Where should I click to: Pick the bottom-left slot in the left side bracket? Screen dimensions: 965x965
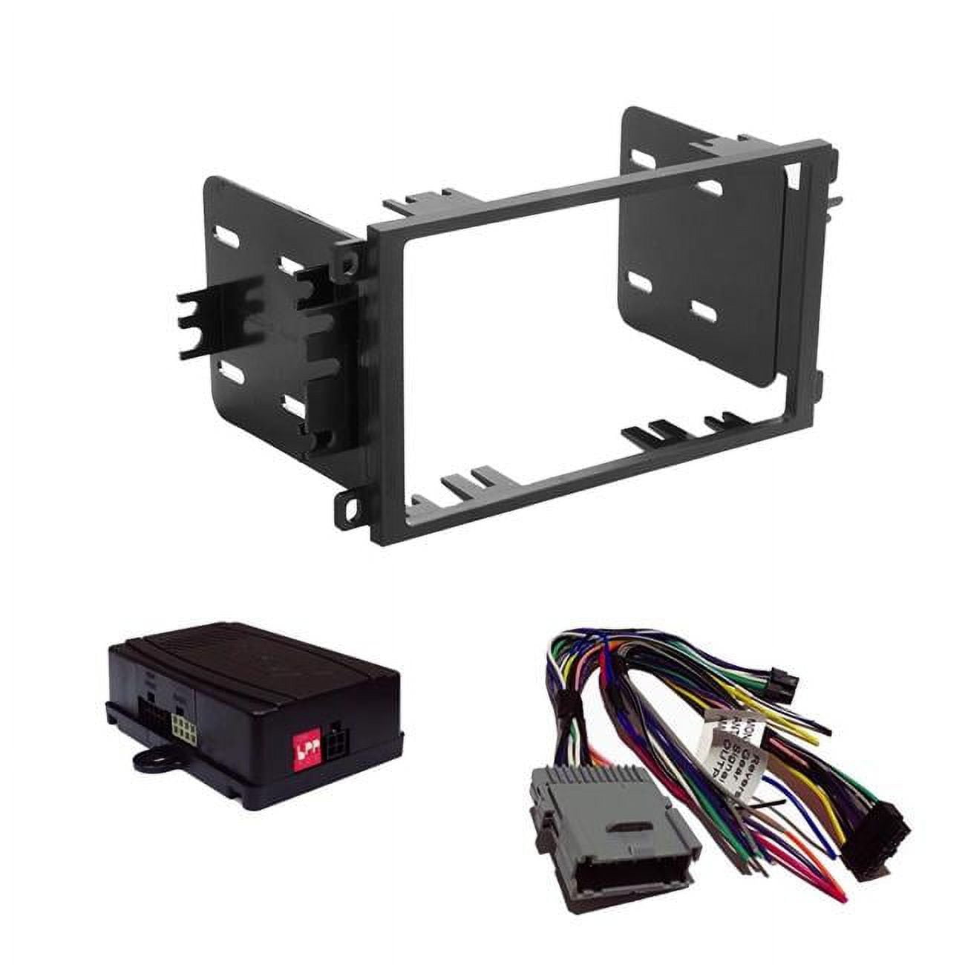tap(232, 369)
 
